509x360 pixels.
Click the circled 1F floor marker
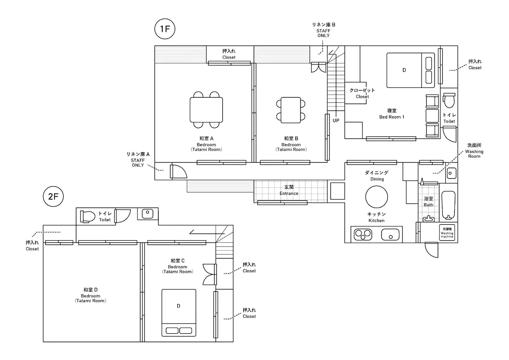coord(165,29)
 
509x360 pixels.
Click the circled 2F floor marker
coord(53,197)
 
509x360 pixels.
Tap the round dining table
coord(377,197)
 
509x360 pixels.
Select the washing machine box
coord(447,232)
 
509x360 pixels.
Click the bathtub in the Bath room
coord(448,205)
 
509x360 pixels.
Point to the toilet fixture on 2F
coord(88,217)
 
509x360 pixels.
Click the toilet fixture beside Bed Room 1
coord(449,100)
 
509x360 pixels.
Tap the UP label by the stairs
coord(336,121)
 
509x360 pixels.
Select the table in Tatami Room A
coord(206,110)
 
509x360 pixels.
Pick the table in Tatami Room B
coord(291,110)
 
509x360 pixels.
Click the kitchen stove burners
coord(363,234)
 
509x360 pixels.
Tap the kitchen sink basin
coord(390,234)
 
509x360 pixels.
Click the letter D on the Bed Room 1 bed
coord(404,70)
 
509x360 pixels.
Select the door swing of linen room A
coord(179,172)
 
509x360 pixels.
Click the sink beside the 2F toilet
coord(148,214)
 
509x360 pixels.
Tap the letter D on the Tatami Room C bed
coord(179,306)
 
